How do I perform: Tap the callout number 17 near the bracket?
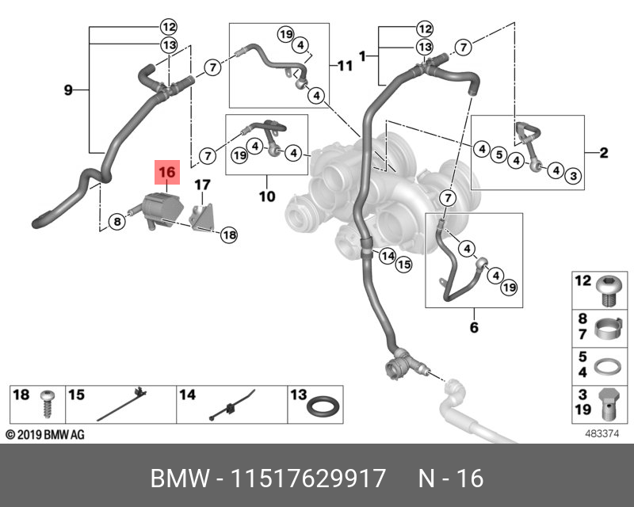point(203,185)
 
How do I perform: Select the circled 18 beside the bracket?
point(229,234)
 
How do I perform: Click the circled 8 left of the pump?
point(117,222)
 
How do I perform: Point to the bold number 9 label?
point(68,91)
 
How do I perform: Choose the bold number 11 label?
point(344,66)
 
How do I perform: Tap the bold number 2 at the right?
point(604,153)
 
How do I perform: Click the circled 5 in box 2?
point(498,154)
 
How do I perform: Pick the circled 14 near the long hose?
point(387,256)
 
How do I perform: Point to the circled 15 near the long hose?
point(403,265)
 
